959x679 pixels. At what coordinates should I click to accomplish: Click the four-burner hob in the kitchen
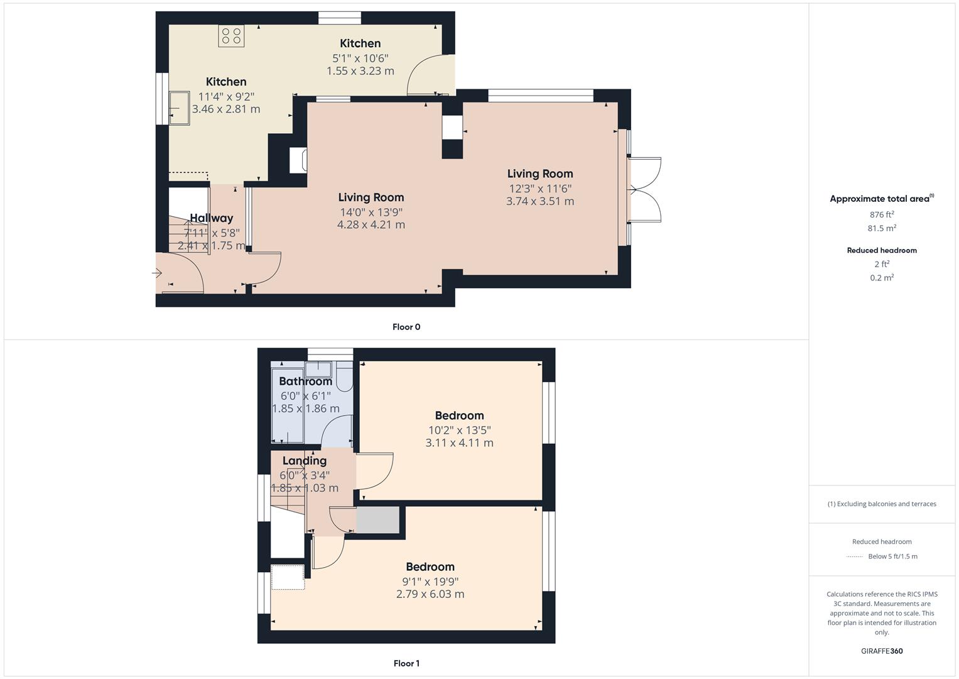pos(231,35)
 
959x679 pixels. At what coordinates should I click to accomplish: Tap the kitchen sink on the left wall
pos(180,108)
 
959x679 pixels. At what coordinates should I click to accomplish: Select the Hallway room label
pos(212,218)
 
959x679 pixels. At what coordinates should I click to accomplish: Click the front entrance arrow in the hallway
pos(157,273)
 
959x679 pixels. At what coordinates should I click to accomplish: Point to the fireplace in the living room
pos(298,160)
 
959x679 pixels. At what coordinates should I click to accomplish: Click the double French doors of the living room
pos(644,189)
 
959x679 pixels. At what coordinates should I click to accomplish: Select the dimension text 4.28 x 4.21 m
pos(371,224)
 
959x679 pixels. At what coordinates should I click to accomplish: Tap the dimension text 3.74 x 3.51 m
pos(540,201)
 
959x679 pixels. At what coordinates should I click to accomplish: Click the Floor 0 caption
pos(406,327)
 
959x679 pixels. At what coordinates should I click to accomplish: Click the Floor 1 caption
pos(406,663)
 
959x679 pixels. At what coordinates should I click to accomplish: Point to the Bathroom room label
pos(305,381)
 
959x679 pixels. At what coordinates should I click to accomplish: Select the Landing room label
pos(304,460)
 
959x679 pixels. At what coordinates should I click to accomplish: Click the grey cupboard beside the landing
pos(378,520)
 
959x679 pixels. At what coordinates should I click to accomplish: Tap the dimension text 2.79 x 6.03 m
pos(430,594)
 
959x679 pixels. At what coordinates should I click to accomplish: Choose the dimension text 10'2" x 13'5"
pos(459,430)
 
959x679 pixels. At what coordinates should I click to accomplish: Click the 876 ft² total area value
pos(882,214)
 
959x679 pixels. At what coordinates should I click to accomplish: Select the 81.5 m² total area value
pos(882,228)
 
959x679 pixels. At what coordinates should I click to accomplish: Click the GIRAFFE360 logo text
pos(882,651)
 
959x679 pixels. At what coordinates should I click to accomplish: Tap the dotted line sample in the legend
pos(855,556)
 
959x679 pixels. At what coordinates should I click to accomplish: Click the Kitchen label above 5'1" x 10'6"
pos(360,43)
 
